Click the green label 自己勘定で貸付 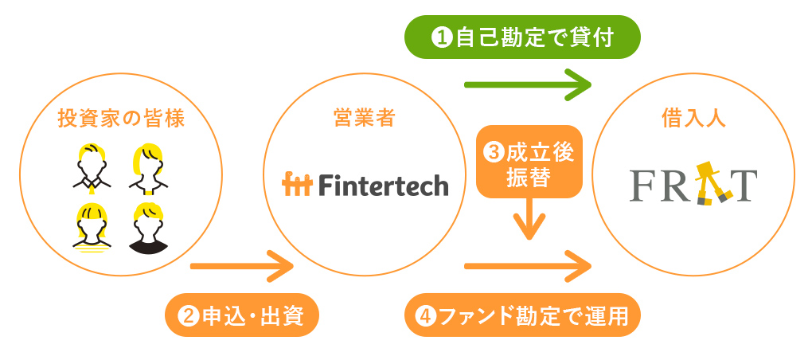522,37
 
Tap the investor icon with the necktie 92,168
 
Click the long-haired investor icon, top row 149,168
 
